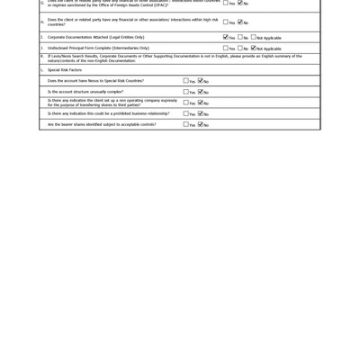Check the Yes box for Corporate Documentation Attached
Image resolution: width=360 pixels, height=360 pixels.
pos(226,38)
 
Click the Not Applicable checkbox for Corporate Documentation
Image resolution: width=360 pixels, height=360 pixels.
pos(254,38)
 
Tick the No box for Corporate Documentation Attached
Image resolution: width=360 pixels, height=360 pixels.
pos(240,38)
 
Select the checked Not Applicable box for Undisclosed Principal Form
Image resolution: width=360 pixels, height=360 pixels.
pos(254,49)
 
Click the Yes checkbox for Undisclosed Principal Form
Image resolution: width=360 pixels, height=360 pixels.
pos(226,49)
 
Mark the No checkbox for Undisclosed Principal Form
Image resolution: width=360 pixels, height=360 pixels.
pos(240,49)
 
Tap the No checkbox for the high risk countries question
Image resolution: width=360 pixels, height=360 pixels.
pos(240,22)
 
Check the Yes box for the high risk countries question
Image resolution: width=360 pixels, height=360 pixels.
pos(226,22)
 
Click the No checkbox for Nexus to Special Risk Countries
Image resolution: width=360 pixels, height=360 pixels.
pos(201,81)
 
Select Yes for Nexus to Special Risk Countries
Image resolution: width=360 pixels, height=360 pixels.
pos(186,81)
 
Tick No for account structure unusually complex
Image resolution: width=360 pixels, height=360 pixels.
pos(201,92)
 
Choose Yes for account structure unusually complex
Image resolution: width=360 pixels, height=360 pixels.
pos(186,92)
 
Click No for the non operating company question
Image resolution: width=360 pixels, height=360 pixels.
pos(201,103)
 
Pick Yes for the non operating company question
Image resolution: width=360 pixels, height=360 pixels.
pos(186,103)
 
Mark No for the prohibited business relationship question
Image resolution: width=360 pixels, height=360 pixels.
pos(201,113)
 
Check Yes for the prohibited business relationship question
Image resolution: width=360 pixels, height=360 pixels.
pos(186,113)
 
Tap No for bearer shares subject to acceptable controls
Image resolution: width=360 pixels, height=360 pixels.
pos(201,124)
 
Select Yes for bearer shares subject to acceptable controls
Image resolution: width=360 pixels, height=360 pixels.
pos(186,124)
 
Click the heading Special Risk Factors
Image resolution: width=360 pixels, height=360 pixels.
pos(65,70)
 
